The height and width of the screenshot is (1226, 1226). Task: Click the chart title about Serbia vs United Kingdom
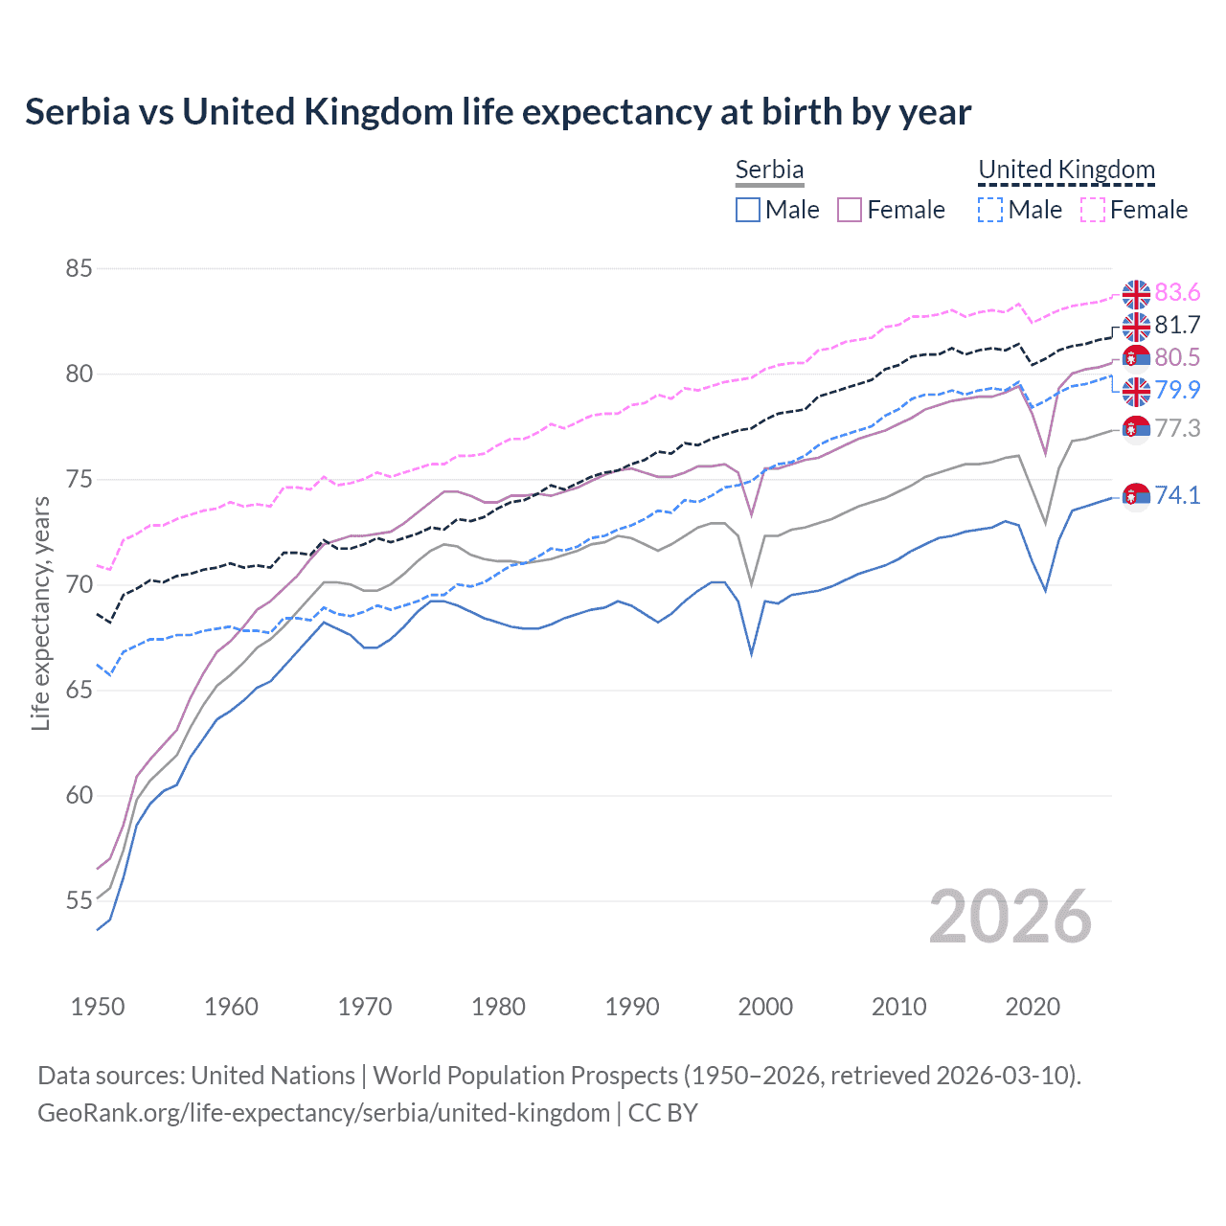click(498, 112)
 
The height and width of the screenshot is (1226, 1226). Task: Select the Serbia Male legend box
click(748, 210)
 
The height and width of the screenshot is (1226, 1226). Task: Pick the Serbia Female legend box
click(850, 210)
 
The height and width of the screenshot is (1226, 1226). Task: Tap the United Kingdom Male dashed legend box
click(990, 210)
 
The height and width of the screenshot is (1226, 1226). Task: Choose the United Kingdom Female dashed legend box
click(1092, 210)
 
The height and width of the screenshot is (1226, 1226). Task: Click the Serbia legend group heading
click(769, 170)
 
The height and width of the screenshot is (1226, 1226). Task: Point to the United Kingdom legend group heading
click(1066, 170)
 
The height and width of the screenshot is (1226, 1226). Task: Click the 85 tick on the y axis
click(79, 268)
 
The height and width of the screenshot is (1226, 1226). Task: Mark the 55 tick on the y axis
click(79, 900)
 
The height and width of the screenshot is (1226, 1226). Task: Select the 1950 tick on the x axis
click(98, 1007)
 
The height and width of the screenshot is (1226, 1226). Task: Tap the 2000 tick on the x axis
click(765, 1007)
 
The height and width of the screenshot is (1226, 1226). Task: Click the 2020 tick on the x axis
click(1033, 1007)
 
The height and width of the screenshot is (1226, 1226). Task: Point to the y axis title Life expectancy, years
click(40, 613)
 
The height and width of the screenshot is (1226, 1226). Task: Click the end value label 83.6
click(1177, 292)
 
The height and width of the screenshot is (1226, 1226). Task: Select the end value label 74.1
click(1177, 495)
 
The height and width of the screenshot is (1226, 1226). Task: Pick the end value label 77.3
click(1177, 428)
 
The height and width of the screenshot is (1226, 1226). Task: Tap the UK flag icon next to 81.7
click(1136, 327)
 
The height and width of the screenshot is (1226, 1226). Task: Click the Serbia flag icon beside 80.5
click(1136, 358)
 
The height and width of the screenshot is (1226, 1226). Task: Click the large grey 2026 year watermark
click(1010, 917)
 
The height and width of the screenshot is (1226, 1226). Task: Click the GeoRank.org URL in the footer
click(324, 1113)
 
